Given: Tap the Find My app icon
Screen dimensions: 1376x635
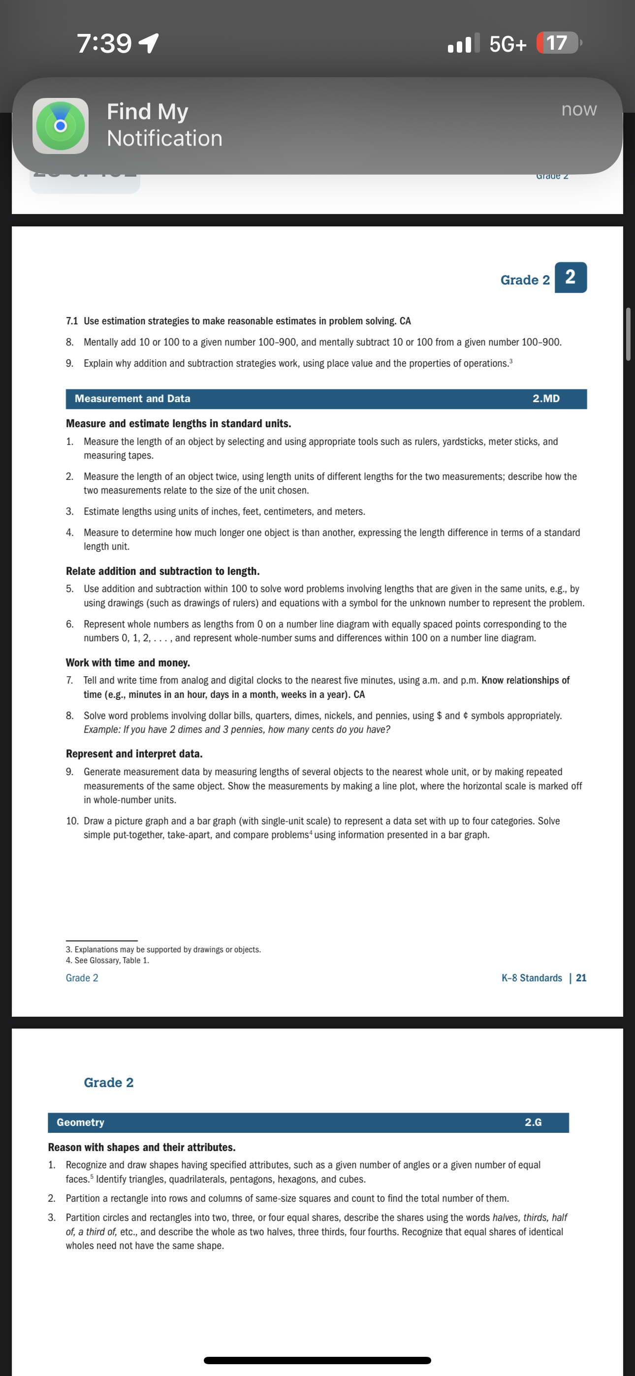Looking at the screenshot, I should point(61,126).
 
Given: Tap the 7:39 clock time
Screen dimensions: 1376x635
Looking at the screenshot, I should point(104,43).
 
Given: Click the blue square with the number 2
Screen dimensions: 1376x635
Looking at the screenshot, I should point(571,277).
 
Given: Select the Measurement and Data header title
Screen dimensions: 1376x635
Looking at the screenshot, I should point(132,399).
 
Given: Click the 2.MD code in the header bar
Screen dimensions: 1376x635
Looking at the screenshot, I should point(546,399).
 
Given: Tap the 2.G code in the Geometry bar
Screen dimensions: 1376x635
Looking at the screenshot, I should point(533,1122).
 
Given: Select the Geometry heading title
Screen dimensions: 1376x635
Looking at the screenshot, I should point(81,1122).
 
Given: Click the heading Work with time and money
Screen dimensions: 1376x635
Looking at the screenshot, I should point(128,662).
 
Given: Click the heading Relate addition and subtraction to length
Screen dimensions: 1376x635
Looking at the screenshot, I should point(162,571).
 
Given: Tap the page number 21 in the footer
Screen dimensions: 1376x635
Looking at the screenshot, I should point(581,977).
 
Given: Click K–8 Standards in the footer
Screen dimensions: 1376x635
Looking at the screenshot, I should point(531,977).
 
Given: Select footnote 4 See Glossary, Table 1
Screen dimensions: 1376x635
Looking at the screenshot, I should point(107,961).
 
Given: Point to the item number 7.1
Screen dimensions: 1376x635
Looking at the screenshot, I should point(72,321).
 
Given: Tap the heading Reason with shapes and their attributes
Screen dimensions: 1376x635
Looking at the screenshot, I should point(142,1147).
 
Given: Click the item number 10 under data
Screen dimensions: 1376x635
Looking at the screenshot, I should point(72,821).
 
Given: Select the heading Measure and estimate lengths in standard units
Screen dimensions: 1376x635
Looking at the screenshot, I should point(179,424).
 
